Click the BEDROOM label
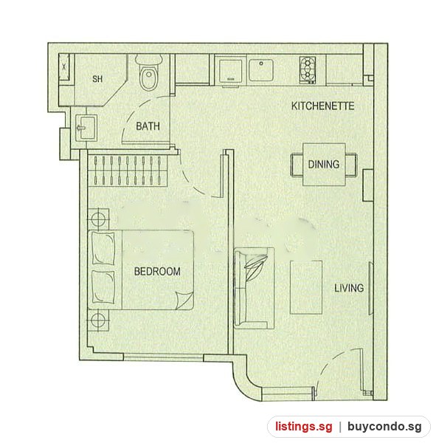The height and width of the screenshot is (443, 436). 157,271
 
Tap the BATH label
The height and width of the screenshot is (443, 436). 148,126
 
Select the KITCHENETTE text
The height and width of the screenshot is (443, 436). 323,106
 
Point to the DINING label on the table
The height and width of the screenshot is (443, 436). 324,164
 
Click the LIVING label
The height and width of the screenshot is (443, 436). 349,288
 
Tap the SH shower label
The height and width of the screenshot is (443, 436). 97,79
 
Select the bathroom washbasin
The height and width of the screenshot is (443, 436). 86,127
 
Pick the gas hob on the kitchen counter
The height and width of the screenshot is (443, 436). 308,70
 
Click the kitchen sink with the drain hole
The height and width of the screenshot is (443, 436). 260,70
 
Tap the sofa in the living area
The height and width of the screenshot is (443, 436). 254,288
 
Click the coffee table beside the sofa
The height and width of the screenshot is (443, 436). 306,287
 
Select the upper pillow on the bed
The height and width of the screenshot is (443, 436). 103,249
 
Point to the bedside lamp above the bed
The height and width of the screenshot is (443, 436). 99,219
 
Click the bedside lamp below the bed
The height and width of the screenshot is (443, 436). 99,320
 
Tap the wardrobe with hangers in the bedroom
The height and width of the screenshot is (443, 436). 128,171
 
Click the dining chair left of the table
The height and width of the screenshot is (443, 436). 297,165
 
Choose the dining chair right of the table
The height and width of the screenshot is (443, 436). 351,165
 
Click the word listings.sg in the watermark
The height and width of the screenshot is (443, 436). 304,427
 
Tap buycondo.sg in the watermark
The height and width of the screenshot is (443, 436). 384,427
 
